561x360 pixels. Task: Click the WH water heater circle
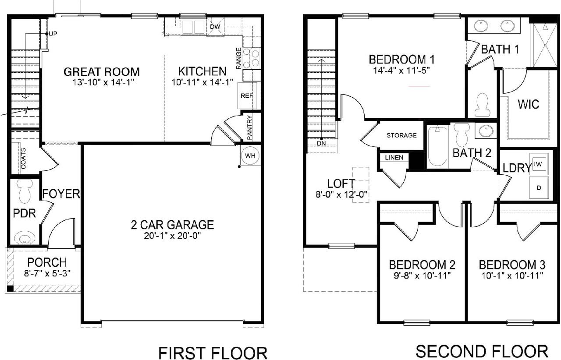pyautogui.click(x=250, y=155)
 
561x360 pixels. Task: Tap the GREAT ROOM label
pyautogui.click(x=102, y=71)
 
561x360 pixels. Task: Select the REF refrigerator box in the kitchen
pyautogui.click(x=246, y=95)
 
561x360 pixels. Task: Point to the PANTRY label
pyautogui.click(x=249, y=127)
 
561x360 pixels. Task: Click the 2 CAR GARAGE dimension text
pyautogui.click(x=172, y=236)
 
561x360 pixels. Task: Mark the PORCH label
pyautogui.click(x=47, y=262)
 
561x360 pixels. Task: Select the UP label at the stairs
pyautogui.click(x=53, y=34)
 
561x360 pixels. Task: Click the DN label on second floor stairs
pyautogui.click(x=322, y=143)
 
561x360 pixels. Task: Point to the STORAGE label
pyautogui.click(x=401, y=135)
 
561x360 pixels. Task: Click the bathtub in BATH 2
pyautogui.click(x=437, y=146)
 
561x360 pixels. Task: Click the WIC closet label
pyautogui.click(x=528, y=105)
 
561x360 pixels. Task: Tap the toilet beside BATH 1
pyautogui.click(x=482, y=104)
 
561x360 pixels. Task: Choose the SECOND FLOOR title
pyautogui.click(x=481, y=351)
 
